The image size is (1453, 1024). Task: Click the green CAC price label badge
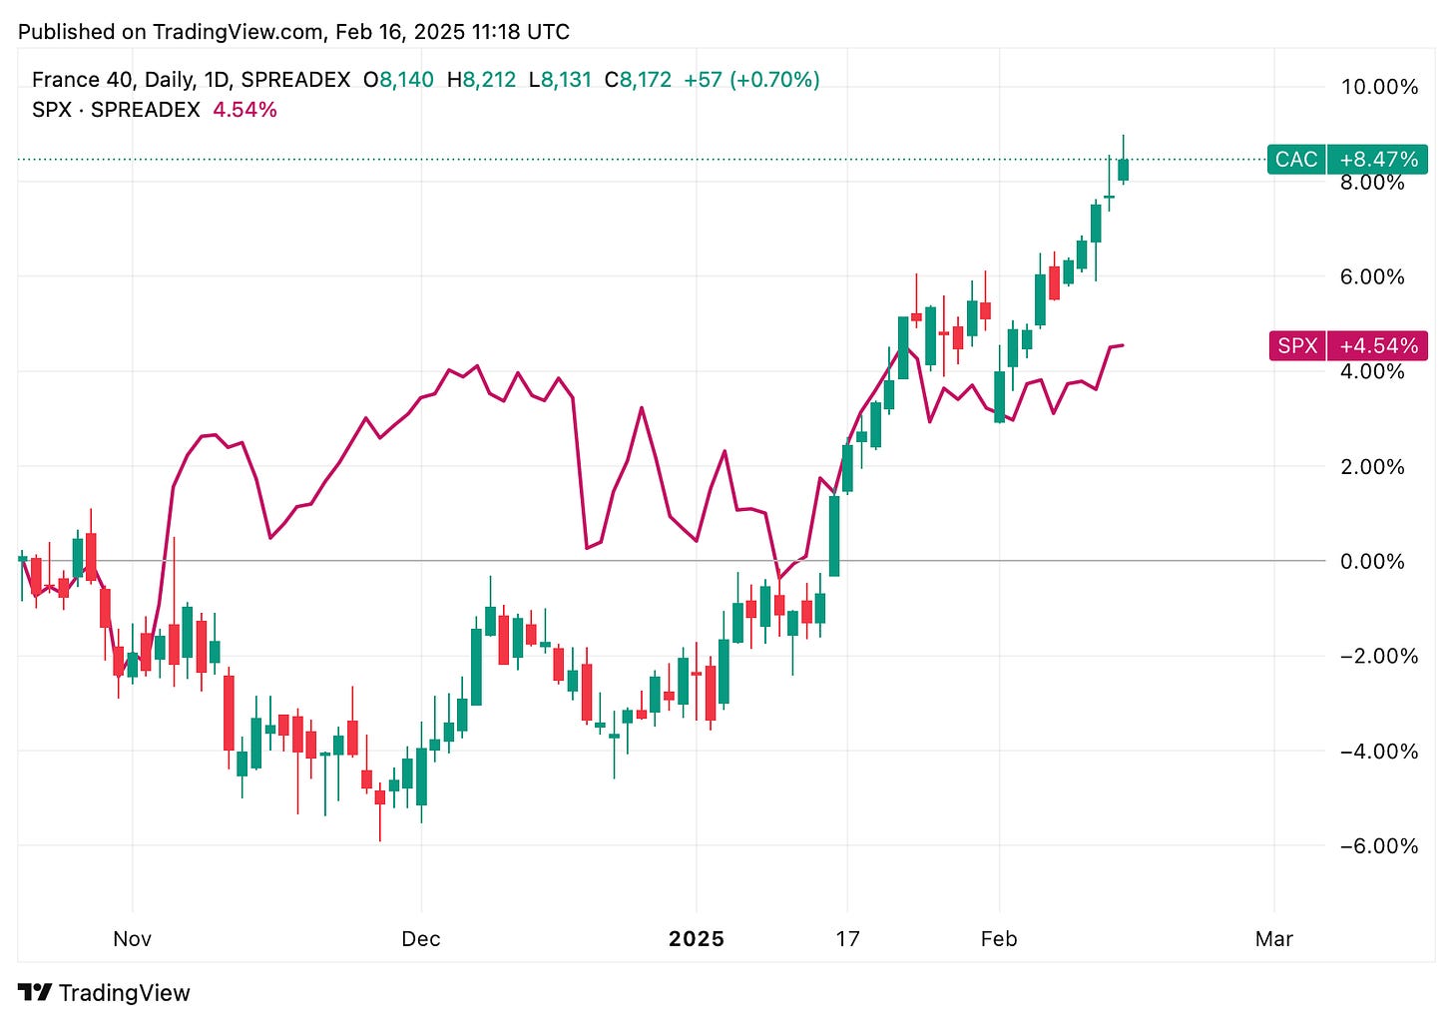tap(1295, 160)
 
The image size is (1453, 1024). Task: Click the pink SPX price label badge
tap(1297, 345)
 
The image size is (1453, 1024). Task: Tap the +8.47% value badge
tap(1378, 160)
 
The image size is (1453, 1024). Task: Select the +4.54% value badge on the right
tap(1378, 345)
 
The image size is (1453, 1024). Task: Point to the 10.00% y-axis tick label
tap(1379, 87)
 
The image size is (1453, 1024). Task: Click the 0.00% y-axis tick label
tap(1372, 561)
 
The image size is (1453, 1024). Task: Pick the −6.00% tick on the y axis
tap(1378, 846)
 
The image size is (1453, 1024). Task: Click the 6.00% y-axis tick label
tap(1372, 276)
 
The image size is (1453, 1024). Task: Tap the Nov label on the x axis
tap(132, 939)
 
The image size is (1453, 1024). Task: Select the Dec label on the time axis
tap(421, 939)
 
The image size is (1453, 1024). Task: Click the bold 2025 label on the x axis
tap(697, 939)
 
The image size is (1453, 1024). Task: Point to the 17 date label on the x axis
tap(847, 939)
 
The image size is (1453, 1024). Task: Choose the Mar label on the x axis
tap(1274, 939)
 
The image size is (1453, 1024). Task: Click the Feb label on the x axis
tap(999, 939)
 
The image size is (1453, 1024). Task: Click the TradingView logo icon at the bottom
tap(36, 993)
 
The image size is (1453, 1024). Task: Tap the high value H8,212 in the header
tap(481, 80)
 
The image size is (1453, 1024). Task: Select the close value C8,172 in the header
tap(638, 80)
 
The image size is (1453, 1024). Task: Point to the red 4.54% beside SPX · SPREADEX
tap(244, 110)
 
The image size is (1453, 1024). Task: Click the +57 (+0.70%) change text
tap(751, 80)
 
